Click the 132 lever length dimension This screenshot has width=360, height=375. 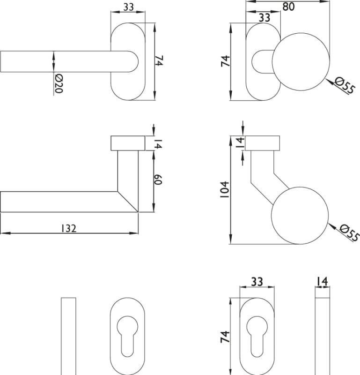pyautogui.click(x=69, y=228)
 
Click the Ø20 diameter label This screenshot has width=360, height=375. pyautogui.click(x=59, y=83)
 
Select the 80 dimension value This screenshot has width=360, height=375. pyautogui.click(x=288, y=7)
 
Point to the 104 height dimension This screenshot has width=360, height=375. pyautogui.click(x=225, y=189)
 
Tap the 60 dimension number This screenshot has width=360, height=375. pyautogui.click(x=158, y=180)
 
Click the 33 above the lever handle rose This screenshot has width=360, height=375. pyautogui.click(x=129, y=7)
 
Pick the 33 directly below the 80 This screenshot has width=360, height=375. pyautogui.click(x=264, y=18)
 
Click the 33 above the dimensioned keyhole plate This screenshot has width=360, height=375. pyautogui.click(x=257, y=282)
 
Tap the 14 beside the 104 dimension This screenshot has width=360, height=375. pyautogui.click(x=240, y=142)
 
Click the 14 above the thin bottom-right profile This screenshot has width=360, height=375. pyautogui.click(x=322, y=282)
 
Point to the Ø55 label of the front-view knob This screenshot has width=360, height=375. pyautogui.click(x=344, y=85)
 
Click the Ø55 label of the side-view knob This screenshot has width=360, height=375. pyautogui.click(x=349, y=232)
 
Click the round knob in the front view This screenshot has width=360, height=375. pyautogui.click(x=301, y=62)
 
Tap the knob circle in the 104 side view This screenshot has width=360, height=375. pyautogui.click(x=300, y=216)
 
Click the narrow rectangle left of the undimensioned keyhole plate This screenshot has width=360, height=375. pyautogui.click(x=68, y=336)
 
